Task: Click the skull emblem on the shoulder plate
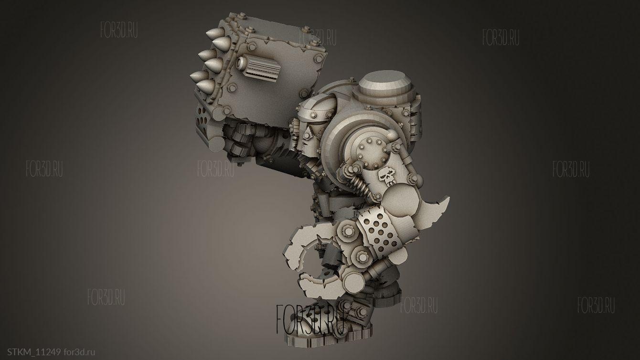(x=387, y=177)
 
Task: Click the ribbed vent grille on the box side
(x=262, y=69)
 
